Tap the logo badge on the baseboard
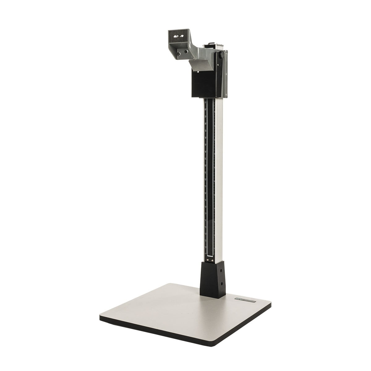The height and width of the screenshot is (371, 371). [246, 300]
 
